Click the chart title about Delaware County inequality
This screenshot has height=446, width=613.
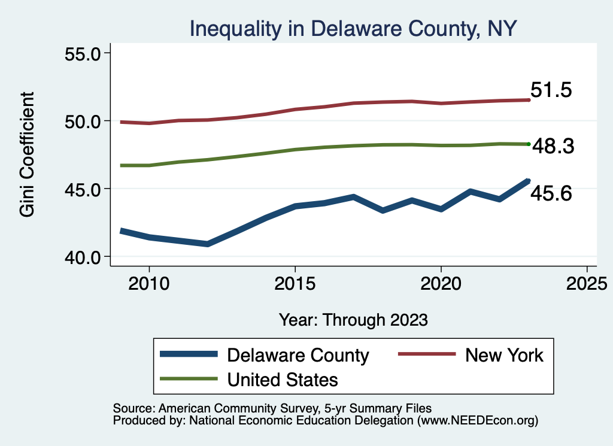click(353, 28)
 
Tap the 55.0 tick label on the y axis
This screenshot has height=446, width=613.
click(84, 53)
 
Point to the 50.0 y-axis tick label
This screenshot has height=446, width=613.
click(84, 121)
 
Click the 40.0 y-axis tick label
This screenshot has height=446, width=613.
click(84, 257)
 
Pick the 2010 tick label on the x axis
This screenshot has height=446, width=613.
click(148, 283)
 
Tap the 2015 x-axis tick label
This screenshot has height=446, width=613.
click(295, 283)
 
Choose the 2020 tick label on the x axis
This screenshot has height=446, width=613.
click(441, 283)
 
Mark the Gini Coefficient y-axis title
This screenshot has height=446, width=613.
click(27, 154)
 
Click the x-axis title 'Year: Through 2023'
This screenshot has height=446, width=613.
click(353, 319)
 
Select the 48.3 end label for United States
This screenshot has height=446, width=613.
click(554, 146)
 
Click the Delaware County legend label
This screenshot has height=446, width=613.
click(298, 355)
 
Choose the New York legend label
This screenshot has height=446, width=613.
click(504, 355)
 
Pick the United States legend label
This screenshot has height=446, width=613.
click(283, 379)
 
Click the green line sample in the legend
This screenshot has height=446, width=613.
click(188, 379)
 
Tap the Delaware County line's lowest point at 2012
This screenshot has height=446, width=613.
click(207, 244)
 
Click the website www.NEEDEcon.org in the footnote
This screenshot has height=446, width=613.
click(476, 421)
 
